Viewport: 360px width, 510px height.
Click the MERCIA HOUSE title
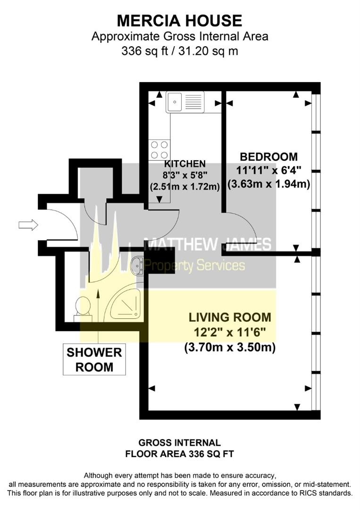[179, 21]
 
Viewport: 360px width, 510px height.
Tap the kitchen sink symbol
[185, 102]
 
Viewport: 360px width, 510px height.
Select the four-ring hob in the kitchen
[159, 150]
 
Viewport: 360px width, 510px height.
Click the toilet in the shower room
[84, 309]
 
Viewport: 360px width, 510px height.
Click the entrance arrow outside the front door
[28, 225]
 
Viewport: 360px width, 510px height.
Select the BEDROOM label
[268, 157]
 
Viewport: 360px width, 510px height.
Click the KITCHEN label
[185, 163]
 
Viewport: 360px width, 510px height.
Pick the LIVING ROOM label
[230, 317]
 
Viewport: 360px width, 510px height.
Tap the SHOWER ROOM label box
[94, 359]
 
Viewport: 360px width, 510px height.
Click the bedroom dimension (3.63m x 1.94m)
[268, 184]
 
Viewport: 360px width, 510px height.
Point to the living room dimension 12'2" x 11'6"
[230, 332]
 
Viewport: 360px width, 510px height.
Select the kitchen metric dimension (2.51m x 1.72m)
[185, 187]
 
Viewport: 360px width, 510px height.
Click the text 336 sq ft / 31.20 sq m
[180, 51]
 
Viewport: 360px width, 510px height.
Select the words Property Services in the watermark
[194, 266]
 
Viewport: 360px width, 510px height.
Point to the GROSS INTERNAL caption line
[180, 442]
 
